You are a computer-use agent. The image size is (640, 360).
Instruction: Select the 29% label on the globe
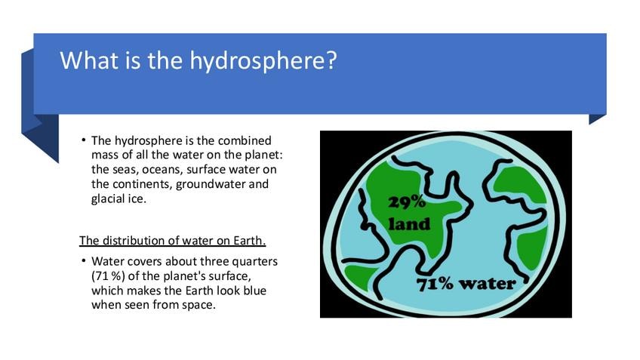point(407,202)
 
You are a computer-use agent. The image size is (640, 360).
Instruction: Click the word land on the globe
point(409,224)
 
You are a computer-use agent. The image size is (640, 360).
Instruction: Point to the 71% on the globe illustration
point(435,284)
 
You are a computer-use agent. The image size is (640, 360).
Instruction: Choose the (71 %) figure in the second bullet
point(108,276)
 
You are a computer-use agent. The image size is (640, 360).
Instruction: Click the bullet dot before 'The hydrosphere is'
point(84,140)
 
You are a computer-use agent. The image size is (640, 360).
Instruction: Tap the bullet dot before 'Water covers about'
point(84,261)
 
